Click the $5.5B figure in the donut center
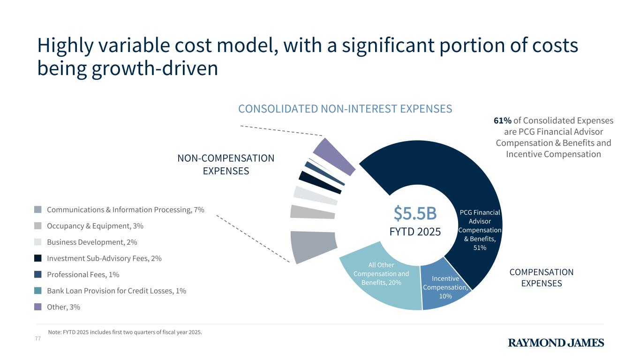click(415, 214)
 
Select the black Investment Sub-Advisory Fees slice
click(320, 182)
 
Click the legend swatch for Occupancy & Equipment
click(38, 226)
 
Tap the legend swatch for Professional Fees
click(38, 274)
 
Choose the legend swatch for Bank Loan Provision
click(38, 291)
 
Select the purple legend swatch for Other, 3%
click(38, 307)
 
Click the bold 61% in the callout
click(502, 120)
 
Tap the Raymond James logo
click(556, 343)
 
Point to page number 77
click(38, 338)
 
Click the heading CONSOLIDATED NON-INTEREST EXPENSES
click(345, 109)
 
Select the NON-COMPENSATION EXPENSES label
click(226, 165)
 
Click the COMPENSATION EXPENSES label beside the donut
click(541, 277)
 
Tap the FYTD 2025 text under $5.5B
click(415, 232)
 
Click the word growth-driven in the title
click(155, 69)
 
